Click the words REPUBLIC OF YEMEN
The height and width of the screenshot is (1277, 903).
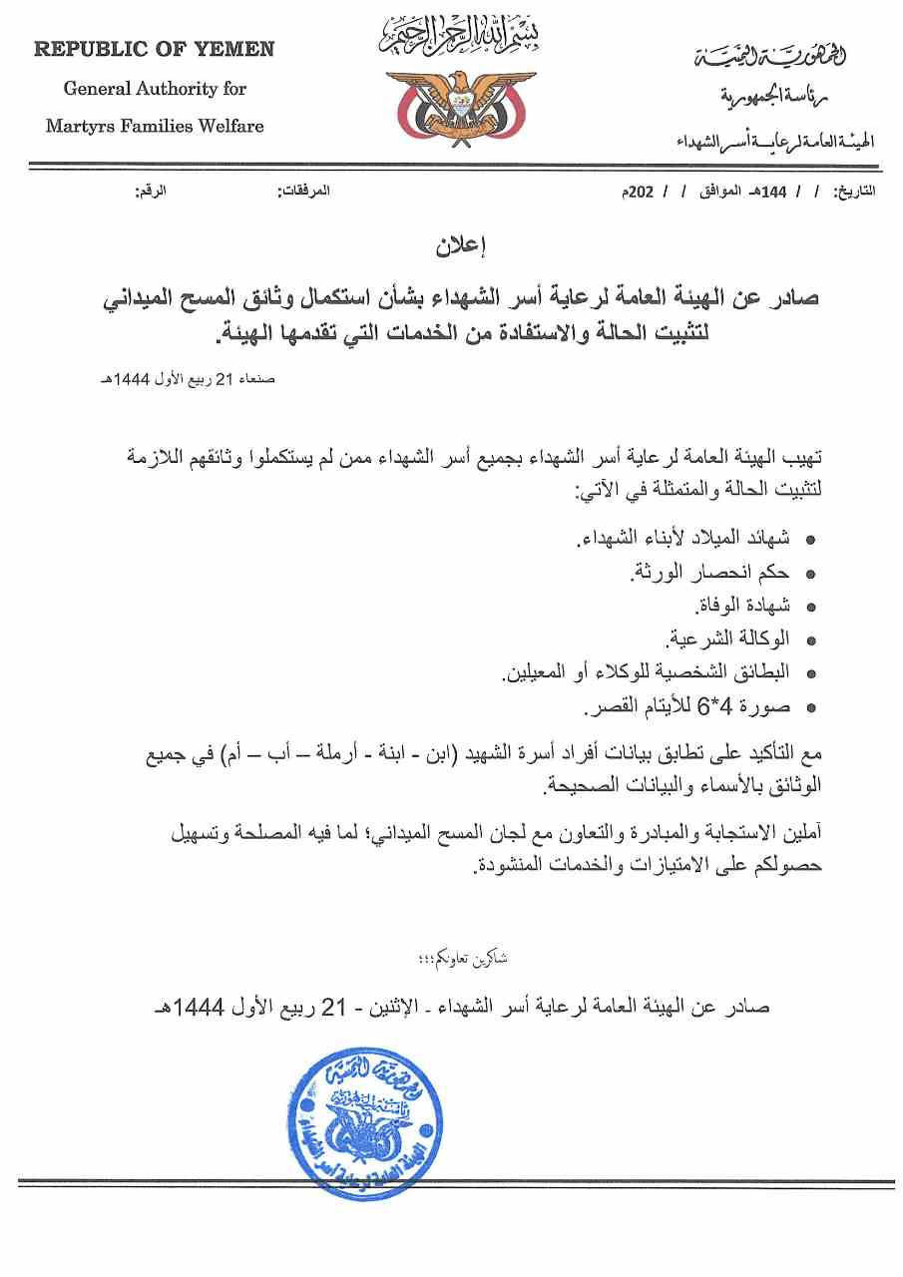pos(154,49)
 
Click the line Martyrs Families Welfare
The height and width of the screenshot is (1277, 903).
pos(155,127)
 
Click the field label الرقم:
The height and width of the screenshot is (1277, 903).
pos(151,190)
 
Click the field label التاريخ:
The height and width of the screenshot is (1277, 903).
pos(856,190)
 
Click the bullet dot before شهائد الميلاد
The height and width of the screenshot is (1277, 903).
pos(810,540)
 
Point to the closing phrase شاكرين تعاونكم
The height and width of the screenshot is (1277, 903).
pos(467,959)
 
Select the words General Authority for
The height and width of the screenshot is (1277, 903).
pos(155,88)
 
